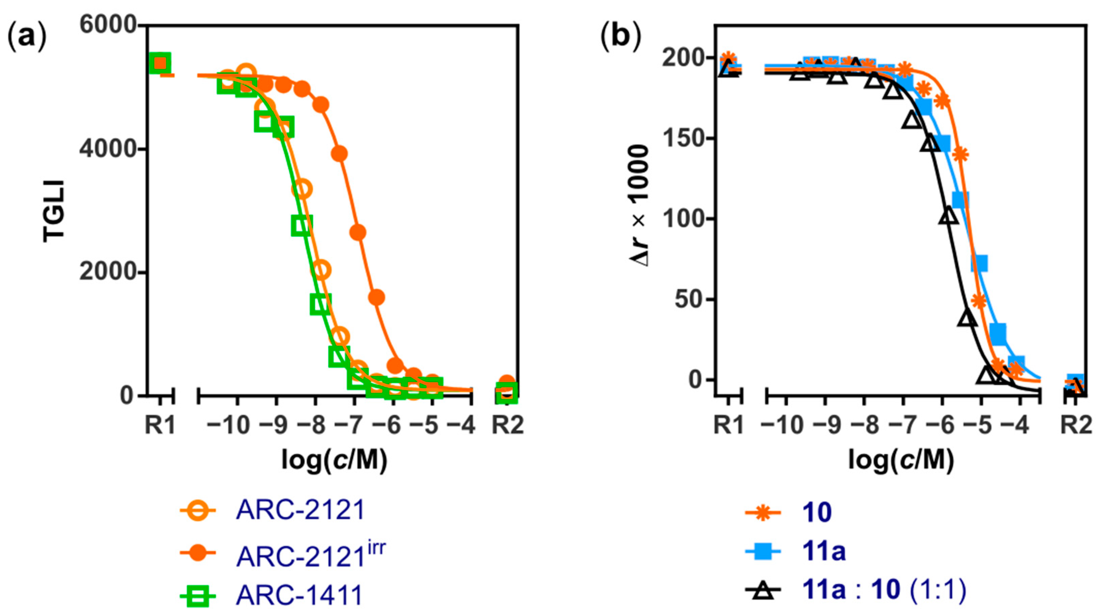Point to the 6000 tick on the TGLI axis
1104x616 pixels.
point(107,24)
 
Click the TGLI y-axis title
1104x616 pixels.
point(54,211)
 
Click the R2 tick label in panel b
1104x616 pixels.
point(1076,425)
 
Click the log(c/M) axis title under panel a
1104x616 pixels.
point(334,461)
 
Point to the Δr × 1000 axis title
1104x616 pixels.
point(638,206)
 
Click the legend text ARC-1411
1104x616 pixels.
point(299,595)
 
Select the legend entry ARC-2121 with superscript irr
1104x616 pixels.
point(311,555)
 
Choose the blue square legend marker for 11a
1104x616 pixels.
point(763,551)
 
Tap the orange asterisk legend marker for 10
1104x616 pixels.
point(763,512)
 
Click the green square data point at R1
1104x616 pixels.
point(160,64)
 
